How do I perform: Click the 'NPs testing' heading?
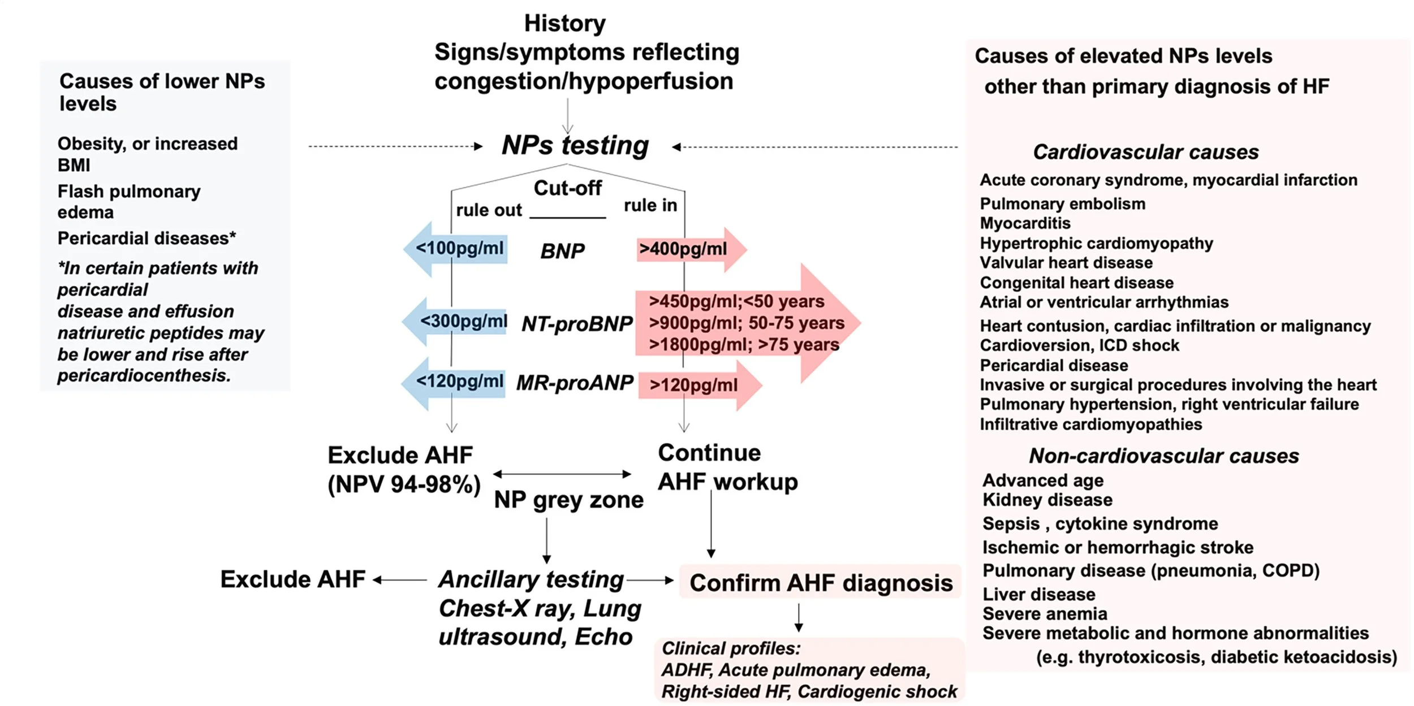click(x=575, y=146)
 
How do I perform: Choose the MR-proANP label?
click(x=575, y=383)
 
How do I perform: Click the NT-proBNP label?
click(x=576, y=324)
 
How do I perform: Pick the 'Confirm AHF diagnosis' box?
click(x=820, y=583)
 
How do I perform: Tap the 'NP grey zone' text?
click(x=568, y=500)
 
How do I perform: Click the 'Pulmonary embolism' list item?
click(x=1062, y=203)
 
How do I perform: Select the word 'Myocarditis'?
click(x=1025, y=223)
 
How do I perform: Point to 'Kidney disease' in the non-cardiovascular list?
click(x=1047, y=500)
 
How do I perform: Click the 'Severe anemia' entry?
click(x=1044, y=614)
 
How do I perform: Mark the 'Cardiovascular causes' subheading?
click(x=1145, y=152)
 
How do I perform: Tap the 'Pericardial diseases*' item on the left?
click(x=146, y=239)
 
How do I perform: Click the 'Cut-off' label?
click(x=567, y=188)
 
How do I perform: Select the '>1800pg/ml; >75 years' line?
click(x=743, y=344)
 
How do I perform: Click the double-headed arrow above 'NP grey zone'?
click(x=562, y=474)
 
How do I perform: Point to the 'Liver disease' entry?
click(x=1038, y=594)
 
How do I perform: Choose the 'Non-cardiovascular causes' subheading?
click(x=1163, y=456)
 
